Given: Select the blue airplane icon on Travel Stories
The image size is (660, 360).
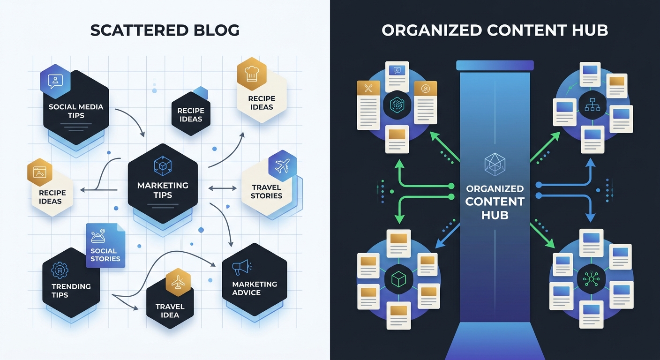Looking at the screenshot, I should pyautogui.click(x=282, y=165).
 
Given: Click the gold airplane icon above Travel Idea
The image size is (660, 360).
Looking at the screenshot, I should pyautogui.click(x=178, y=284).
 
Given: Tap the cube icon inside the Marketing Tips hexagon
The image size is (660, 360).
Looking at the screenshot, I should pyautogui.click(x=162, y=166).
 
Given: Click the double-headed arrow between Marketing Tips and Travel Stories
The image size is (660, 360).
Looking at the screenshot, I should pyautogui.click(x=223, y=188).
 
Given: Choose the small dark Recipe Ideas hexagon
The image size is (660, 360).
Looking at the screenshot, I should pyautogui.click(x=190, y=114).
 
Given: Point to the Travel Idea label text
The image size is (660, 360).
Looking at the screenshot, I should pyautogui.click(x=170, y=310).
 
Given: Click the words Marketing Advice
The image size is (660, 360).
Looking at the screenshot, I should pyautogui.click(x=254, y=288).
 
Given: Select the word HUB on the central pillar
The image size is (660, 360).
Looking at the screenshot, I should pyautogui.click(x=495, y=215).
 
